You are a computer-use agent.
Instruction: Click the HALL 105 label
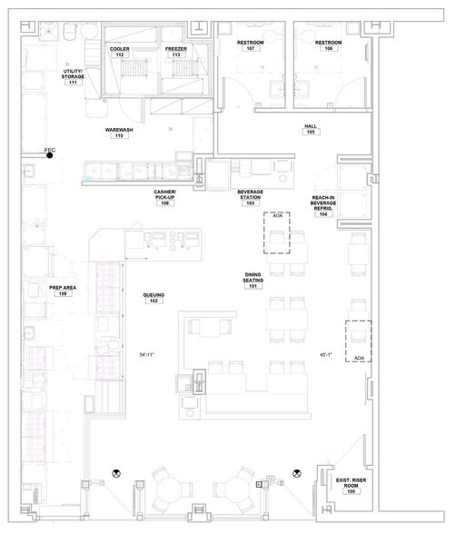(310, 129)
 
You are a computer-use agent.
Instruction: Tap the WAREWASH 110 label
(119, 133)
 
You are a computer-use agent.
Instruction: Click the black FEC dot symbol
(50, 155)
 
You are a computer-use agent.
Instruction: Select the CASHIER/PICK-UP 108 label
(165, 198)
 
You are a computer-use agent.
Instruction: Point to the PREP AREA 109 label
(63, 291)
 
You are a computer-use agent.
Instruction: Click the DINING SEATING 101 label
(253, 281)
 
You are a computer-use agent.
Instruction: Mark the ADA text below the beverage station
(278, 216)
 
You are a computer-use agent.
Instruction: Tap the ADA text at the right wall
(359, 333)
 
